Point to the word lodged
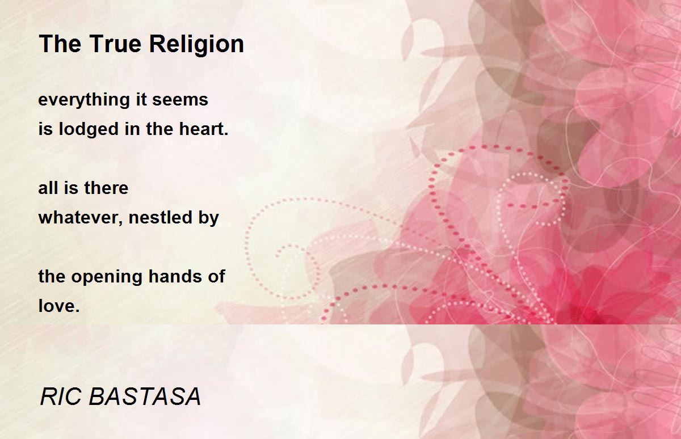89,130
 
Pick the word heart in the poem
201,129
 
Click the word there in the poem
106,188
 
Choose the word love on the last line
57,306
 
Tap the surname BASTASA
145,396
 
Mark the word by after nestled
209,219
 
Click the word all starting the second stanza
48,188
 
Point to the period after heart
226,133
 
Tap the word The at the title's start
60,44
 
